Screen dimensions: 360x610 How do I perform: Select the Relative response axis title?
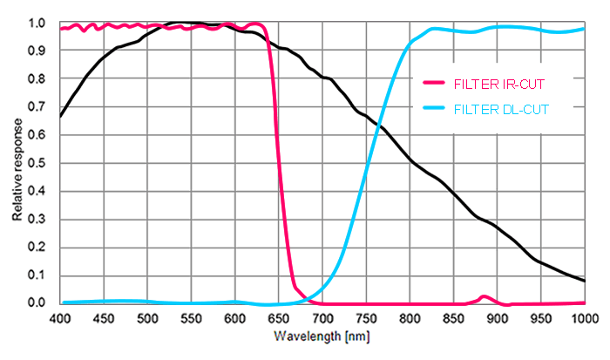click(17, 164)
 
